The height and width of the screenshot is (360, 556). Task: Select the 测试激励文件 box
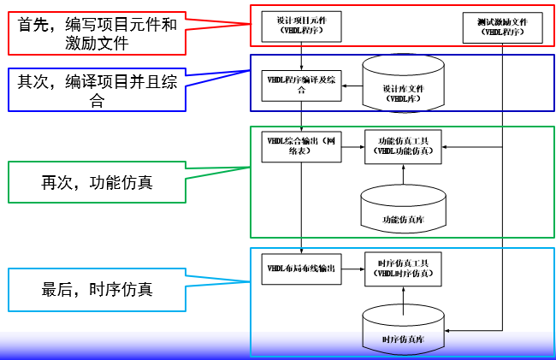coord(501,27)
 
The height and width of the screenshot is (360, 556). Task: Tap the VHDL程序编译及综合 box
coord(301,84)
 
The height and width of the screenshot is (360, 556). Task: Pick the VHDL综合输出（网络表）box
coord(301,146)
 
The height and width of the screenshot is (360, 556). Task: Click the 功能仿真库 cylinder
coord(403,208)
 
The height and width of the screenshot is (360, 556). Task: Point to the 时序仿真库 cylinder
coord(403,330)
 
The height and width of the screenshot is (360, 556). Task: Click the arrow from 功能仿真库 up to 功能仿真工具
coord(403,174)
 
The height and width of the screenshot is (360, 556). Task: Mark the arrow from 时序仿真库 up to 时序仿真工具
coord(403,296)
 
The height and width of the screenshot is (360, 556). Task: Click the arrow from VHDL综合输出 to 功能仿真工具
coord(353,146)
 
